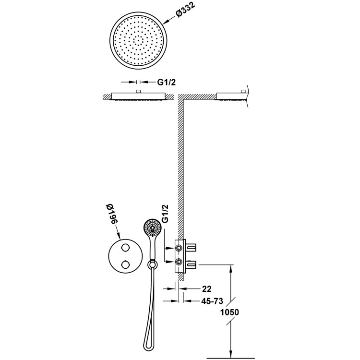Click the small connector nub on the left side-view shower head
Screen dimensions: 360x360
137,91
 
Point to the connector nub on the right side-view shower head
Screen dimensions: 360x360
243,91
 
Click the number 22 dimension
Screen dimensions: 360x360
207,289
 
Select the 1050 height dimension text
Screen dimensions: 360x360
229,312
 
